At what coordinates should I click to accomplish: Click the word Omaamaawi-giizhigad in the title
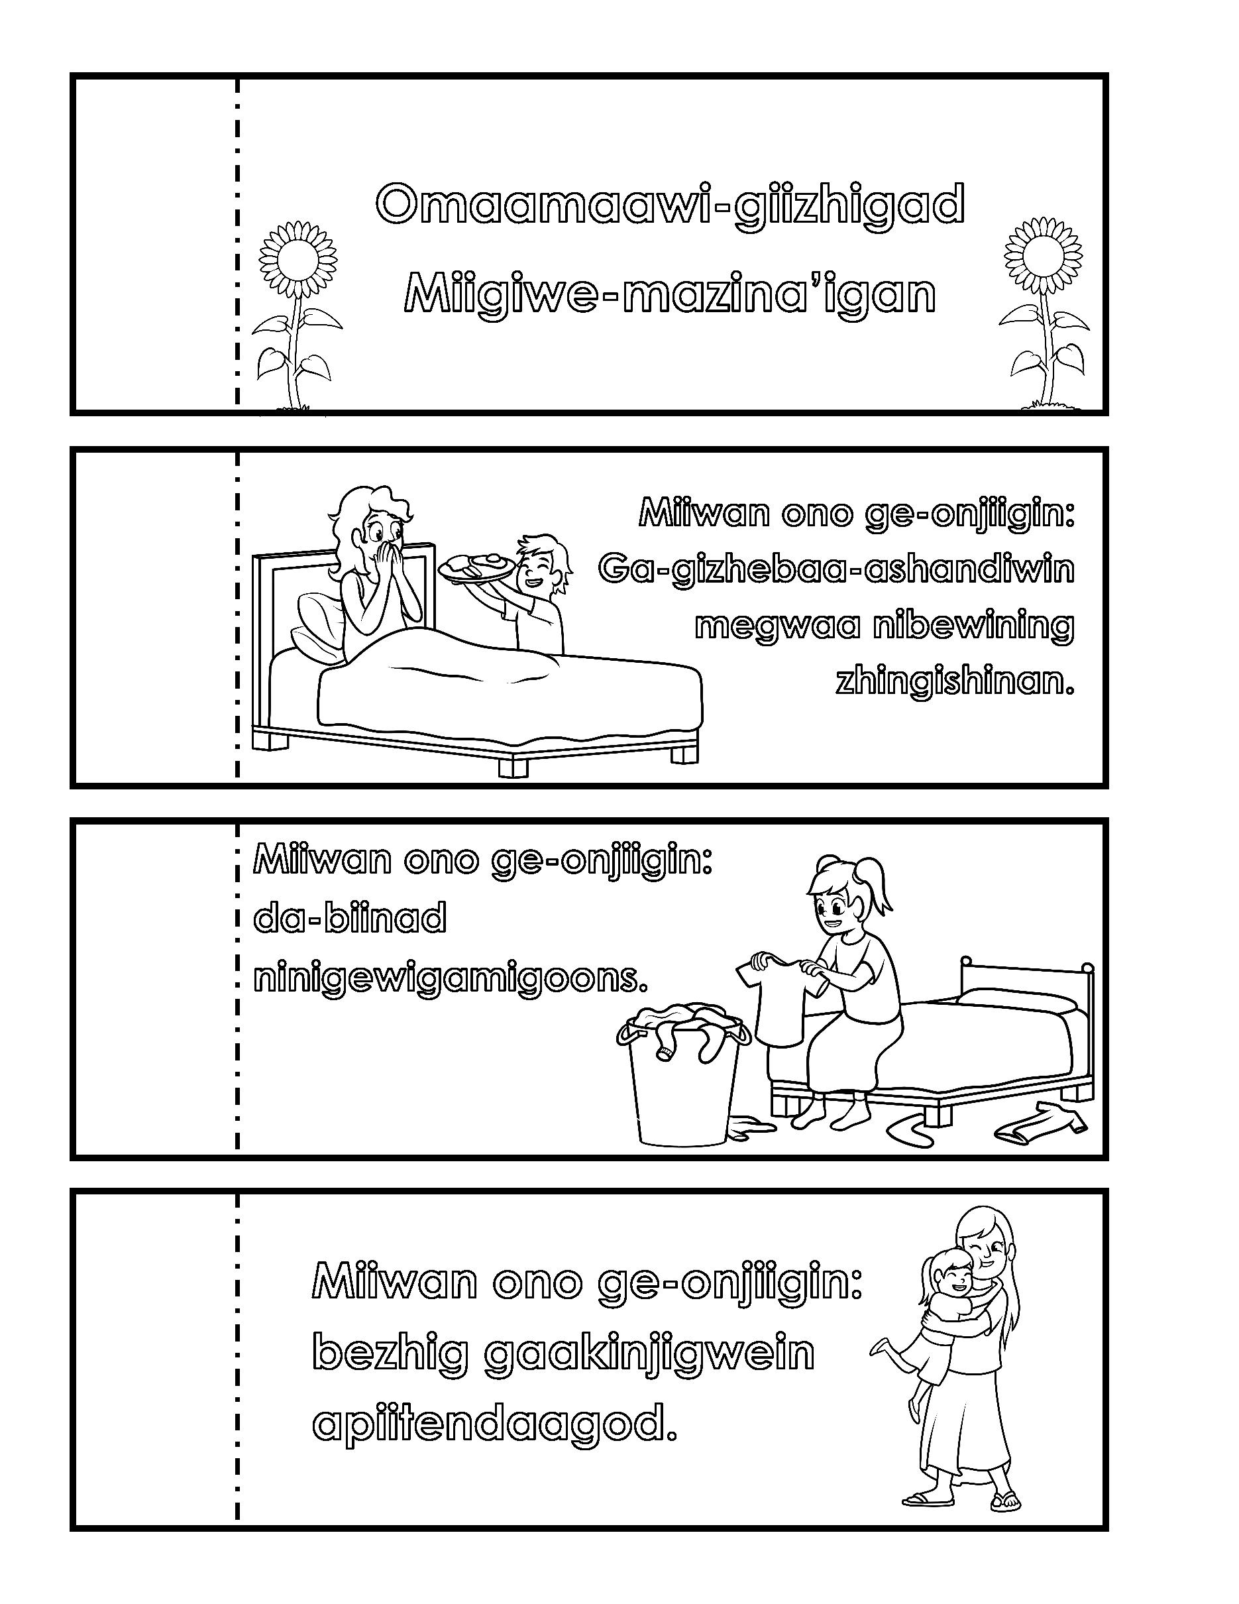click(x=669, y=206)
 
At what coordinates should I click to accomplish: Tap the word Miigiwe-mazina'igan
click(x=670, y=294)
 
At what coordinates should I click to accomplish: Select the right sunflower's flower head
click(x=1042, y=257)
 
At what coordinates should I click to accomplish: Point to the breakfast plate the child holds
click(x=476, y=569)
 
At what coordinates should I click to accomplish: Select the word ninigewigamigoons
click(x=451, y=980)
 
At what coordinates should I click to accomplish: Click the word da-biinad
click(x=349, y=919)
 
